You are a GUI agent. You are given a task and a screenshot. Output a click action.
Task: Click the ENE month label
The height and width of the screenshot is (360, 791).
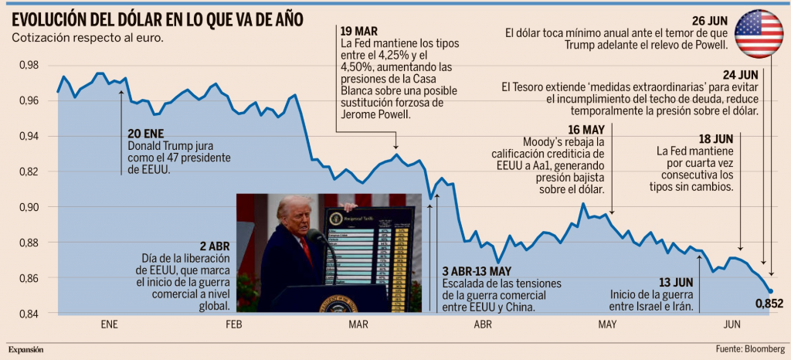110,324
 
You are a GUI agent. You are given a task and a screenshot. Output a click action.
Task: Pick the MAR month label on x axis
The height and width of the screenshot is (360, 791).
358,324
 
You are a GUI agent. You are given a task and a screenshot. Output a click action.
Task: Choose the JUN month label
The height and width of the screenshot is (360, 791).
732,324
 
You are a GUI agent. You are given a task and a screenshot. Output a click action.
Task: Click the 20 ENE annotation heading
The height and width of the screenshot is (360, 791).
147,133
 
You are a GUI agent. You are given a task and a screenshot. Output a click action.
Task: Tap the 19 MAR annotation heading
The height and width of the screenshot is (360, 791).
358,31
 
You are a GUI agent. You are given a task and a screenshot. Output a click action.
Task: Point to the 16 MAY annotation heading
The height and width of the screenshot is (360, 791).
586,129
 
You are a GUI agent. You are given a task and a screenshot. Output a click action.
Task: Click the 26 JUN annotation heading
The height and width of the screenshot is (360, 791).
710,20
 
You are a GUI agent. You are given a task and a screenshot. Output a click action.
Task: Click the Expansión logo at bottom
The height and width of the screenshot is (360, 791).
26,350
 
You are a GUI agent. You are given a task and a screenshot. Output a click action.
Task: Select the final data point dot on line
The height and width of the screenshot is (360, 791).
770,291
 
